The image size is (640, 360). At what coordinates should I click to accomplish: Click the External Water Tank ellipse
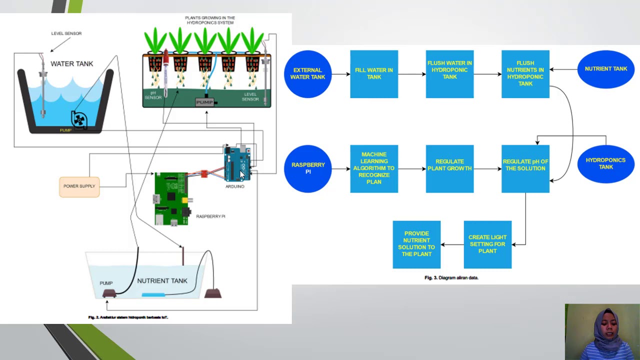(x=307, y=74)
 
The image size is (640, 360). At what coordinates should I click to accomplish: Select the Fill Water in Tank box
(x=374, y=74)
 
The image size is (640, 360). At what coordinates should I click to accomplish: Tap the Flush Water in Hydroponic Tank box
(x=449, y=74)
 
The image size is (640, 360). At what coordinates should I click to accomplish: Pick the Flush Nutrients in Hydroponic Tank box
(x=525, y=74)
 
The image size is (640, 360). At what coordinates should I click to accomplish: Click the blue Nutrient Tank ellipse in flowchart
(x=605, y=69)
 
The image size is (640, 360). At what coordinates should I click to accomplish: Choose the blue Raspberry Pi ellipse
(x=308, y=168)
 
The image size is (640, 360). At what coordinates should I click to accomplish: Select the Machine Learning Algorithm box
(x=374, y=168)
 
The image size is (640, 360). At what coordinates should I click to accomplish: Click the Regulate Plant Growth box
(x=449, y=168)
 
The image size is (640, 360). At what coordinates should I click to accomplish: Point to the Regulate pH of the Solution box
(x=525, y=168)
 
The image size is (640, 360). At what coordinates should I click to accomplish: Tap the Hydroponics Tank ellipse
(x=605, y=163)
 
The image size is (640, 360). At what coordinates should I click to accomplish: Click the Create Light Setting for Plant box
(x=487, y=244)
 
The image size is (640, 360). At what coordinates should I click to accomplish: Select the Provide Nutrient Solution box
(x=416, y=244)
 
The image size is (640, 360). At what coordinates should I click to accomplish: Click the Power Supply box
(x=79, y=186)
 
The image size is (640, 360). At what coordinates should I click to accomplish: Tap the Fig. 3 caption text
(x=451, y=277)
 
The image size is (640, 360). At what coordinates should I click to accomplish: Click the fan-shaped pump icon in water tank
(x=79, y=119)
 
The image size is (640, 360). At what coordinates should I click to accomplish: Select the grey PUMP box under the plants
(x=204, y=102)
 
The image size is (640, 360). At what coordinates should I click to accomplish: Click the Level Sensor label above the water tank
(x=66, y=33)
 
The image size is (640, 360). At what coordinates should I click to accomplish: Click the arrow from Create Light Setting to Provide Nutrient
(x=452, y=244)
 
